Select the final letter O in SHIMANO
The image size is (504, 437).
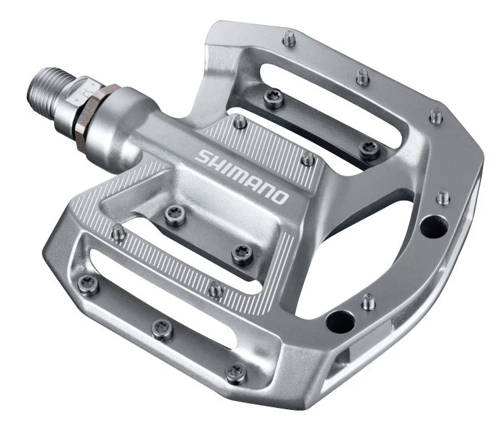[x=280, y=197]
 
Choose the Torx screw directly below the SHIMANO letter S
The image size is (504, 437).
[x=174, y=215]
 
